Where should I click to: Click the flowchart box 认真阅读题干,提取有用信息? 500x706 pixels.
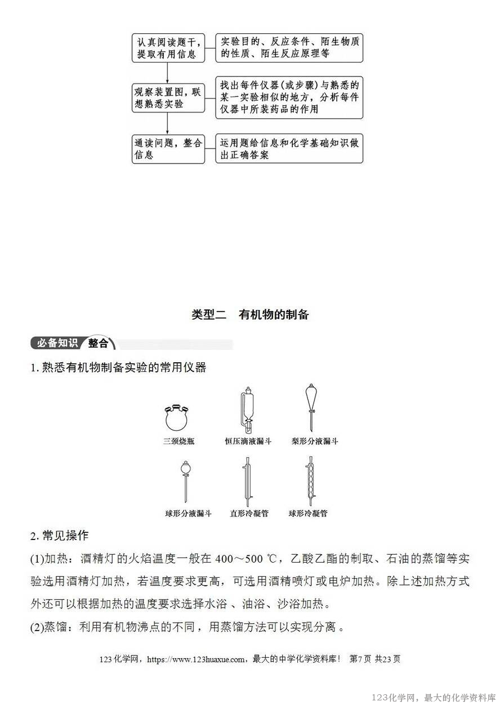pyautogui.click(x=168, y=48)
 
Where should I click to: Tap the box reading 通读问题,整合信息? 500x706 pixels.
pyautogui.click(x=168, y=149)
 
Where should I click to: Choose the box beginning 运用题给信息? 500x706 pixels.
pyautogui.click(x=289, y=149)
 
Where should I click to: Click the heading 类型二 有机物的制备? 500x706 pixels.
pyautogui.click(x=250, y=314)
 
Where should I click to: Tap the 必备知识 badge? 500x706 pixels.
pyautogui.click(x=57, y=343)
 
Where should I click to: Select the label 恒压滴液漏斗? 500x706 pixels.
pyautogui.click(x=248, y=442)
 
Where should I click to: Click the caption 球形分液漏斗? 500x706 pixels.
pyautogui.click(x=189, y=513)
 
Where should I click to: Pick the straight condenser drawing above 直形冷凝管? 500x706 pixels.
pyautogui.click(x=247, y=481)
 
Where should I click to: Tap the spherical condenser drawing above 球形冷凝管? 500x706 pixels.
pyautogui.click(x=309, y=481)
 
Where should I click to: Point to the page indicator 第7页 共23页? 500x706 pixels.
pyautogui.click(x=375, y=659)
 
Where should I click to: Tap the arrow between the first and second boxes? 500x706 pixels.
pyautogui.click(x=168, y=73)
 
